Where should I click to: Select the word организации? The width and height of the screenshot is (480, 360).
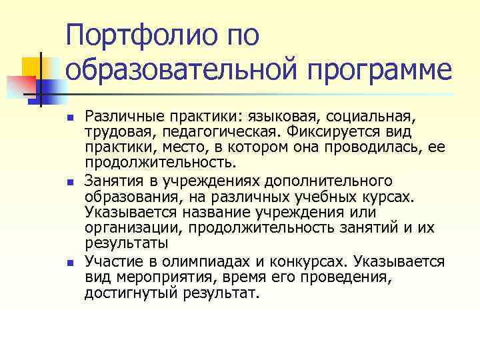pos(127,228)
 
